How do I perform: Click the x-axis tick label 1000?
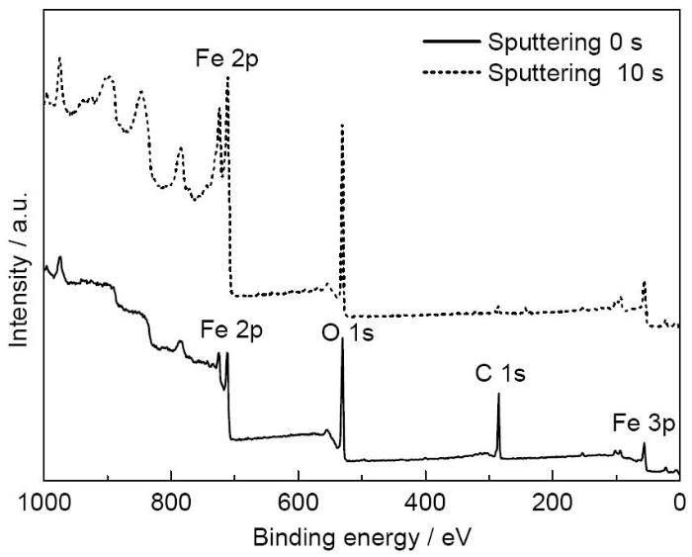(x=43, y=503)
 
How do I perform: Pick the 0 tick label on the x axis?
(x=678, y=503)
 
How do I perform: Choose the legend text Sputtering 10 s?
(x=568, y=72)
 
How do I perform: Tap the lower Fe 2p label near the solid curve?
(x=232, y=328)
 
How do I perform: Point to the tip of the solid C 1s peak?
(x=498, y=394)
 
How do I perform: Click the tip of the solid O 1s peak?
(x=342, y=339)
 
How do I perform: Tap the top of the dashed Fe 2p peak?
(x=227, y=77)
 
